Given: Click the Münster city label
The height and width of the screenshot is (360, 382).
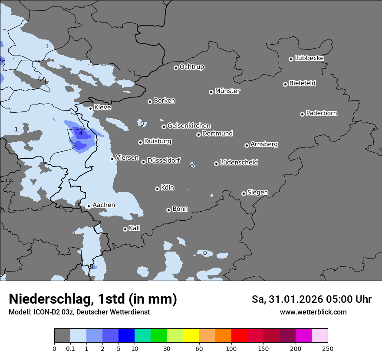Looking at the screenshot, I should coord(227,91).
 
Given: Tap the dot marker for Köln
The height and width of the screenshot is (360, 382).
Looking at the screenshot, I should coord(157,189).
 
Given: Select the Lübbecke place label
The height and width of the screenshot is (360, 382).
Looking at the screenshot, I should coord(309,58).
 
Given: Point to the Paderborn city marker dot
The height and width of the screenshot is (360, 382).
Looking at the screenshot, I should coord(302,114).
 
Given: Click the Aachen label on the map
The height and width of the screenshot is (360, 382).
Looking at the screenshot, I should coord(104,205).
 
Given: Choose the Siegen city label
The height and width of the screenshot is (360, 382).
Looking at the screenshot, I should coord(257,193).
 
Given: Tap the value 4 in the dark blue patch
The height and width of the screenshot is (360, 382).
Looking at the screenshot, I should coord(81,133).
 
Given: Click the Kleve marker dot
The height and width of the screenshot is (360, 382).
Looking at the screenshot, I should coord(91,108).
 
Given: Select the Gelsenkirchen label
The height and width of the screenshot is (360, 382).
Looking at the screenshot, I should coord(189,126).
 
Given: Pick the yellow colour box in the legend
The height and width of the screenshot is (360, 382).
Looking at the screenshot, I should coord(191,336).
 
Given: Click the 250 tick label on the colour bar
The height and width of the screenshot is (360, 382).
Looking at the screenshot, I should coord(328,348).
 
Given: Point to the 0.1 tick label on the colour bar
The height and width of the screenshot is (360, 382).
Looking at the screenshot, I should coord(70,348).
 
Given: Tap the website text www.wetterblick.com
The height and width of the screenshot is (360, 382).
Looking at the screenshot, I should coord(313,312).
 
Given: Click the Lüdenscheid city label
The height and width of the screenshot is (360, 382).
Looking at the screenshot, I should coord(239,163).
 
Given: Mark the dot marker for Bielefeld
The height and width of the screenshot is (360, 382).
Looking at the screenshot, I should coord(285,84).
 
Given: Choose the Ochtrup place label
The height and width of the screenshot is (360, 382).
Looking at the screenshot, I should coord(192,67).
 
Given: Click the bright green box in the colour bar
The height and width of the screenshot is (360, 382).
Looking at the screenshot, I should coord(159,336).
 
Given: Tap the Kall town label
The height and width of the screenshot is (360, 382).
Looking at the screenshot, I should coord(135,228).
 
